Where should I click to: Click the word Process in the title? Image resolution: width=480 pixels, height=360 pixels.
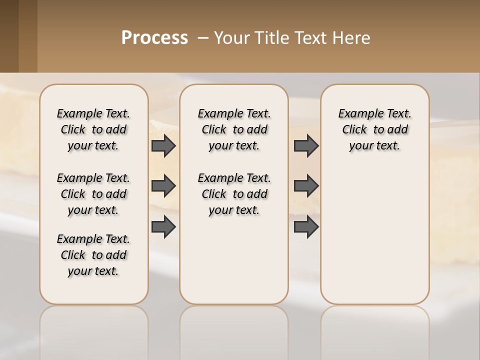tap(154, 37)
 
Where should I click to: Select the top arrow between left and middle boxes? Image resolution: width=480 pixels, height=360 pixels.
tap(163, 145)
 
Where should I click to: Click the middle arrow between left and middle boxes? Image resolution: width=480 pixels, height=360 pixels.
tap(163, 186)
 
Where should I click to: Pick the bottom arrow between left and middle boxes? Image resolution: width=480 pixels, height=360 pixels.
tap(163, 226)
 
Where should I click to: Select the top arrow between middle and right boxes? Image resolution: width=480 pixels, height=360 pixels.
tap(306, 145)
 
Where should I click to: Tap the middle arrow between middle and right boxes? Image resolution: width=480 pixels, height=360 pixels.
tap(306, 186)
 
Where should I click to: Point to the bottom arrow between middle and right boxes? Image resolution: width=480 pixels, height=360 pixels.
tap(306, 226)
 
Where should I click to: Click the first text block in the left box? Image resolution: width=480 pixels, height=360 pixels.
tap(93, 129)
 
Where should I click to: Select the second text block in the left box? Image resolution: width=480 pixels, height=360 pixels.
tap(93, 194)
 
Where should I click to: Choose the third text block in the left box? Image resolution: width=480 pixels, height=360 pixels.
tap(93, 255)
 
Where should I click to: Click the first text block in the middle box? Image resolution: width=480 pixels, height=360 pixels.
tap(234, 129)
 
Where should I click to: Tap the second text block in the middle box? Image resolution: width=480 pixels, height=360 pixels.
tap(234, 194)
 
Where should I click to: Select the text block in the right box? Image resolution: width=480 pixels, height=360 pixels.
tap(374, 129)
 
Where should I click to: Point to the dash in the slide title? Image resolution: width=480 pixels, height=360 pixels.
tap(203, 37)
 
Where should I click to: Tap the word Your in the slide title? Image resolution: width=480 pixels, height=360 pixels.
tap(230, 37)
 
